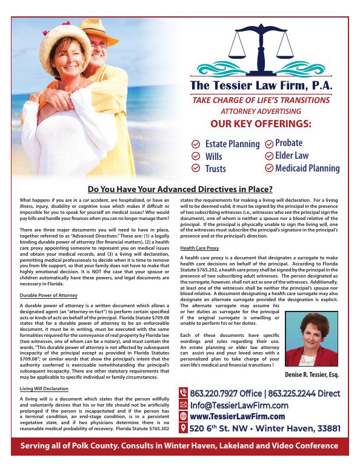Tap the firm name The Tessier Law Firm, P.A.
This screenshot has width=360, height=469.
pos(261,86)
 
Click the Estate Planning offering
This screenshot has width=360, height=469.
pos(232,144)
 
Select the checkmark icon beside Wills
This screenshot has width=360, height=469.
pos(195,156)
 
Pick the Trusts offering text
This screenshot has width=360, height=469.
pos(215,168)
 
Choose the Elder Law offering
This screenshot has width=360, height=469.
pos(292,156)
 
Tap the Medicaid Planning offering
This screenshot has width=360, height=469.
pos(307,168)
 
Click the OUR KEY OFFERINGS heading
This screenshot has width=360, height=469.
pos(261,124)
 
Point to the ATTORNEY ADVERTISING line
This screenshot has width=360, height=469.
pos(261,111)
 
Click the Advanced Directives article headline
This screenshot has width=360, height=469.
pos(180,188)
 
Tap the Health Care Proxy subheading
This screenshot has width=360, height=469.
pos(199,248)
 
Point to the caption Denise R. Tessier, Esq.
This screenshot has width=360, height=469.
pos(312,375)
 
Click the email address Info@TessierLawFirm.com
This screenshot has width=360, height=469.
pos(239,405)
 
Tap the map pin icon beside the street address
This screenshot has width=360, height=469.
pos(184,428)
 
